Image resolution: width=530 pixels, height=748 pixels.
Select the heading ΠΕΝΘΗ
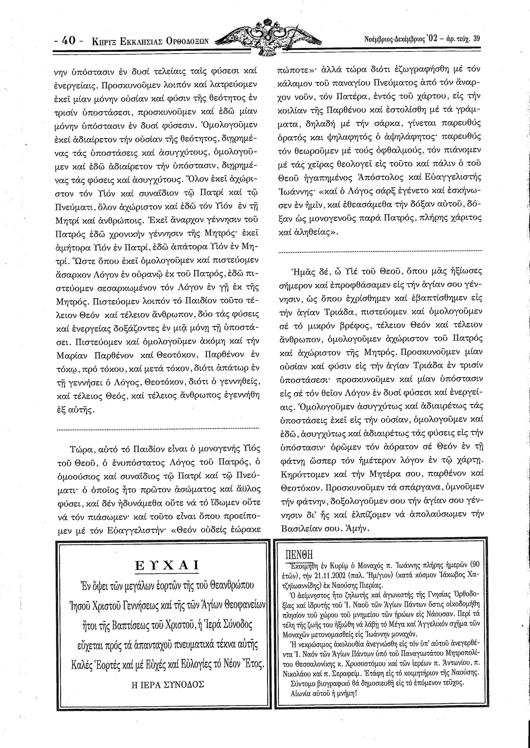pyautogui.click(x=299, y=555)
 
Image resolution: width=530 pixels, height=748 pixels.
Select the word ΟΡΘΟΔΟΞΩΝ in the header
pyautogui.click(x=187, y=41)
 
